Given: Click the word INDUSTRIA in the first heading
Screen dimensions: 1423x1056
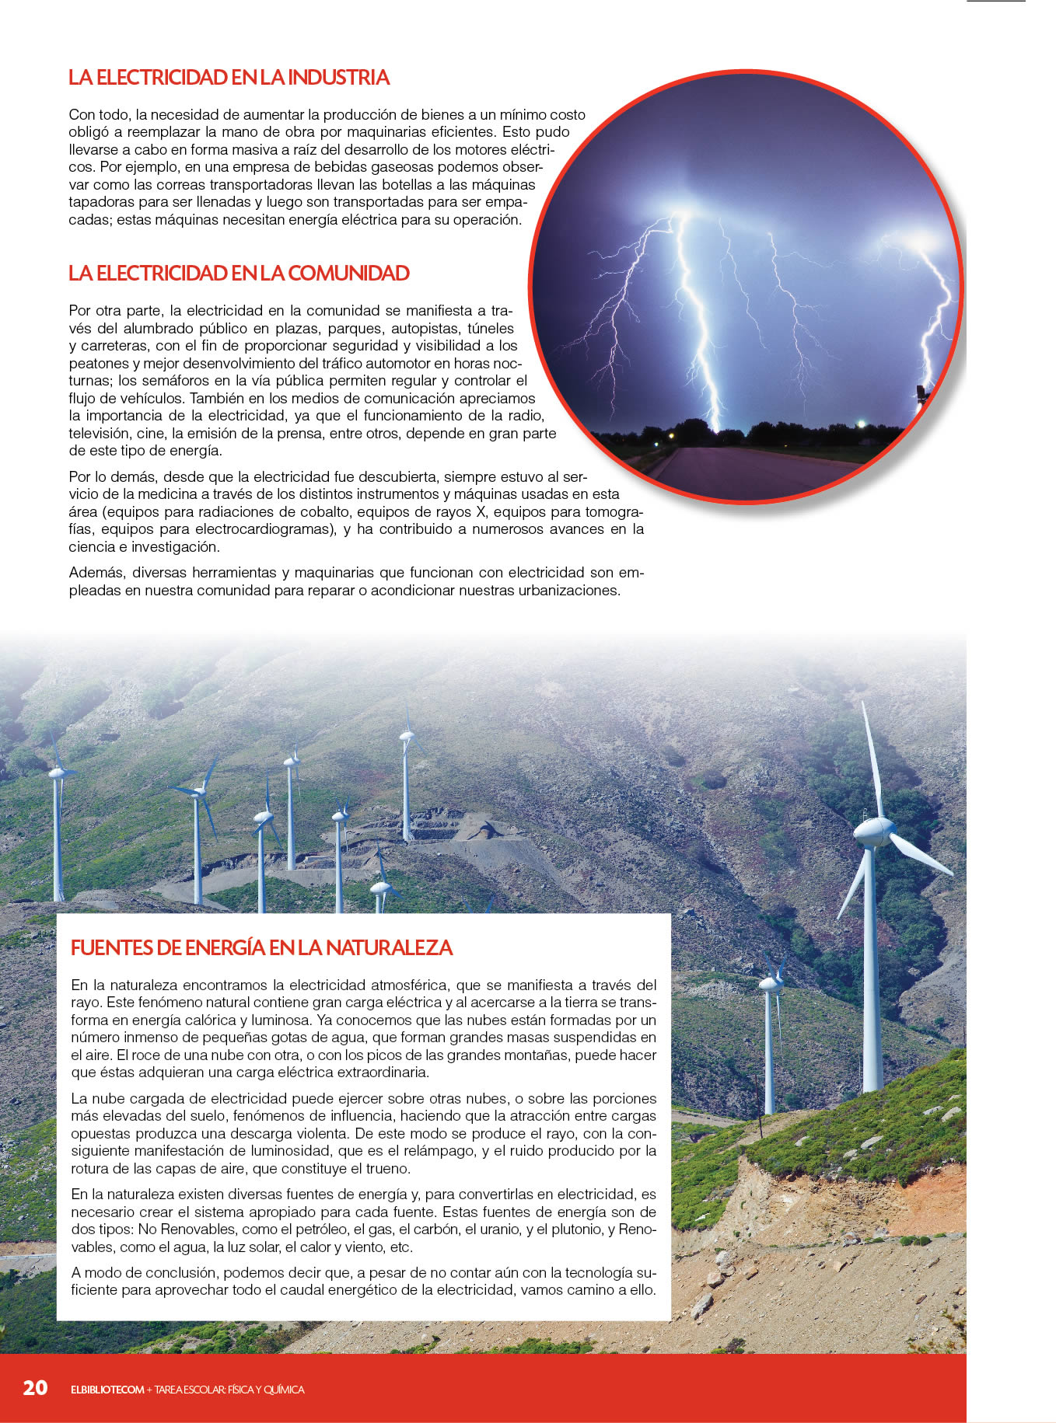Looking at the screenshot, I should (x=338, y=78).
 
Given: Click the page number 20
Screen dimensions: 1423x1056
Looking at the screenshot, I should (x=35, y=1388).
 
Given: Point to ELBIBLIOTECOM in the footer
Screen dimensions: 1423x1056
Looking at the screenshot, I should (x=107, y=1390).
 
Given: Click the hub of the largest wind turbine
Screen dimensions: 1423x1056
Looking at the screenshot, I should (x=872, y=832).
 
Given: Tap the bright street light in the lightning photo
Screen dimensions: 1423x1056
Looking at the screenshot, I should (x=861, y=424).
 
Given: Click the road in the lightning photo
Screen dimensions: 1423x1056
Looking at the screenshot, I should (x=747, y=470).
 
